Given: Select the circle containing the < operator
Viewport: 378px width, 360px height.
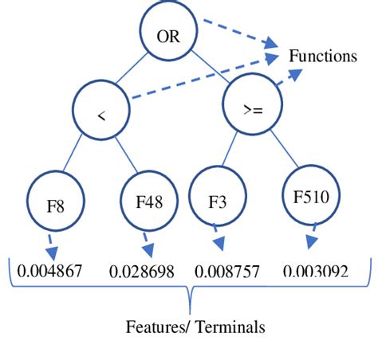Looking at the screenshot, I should coord(101,115).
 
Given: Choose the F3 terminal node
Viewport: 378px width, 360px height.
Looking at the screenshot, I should coord(216,200).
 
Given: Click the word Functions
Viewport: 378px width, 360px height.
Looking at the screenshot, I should coord(324,57).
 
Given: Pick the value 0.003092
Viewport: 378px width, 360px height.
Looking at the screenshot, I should coord(316,272).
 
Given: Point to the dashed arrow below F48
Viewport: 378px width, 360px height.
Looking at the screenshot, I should coord(147,241).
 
